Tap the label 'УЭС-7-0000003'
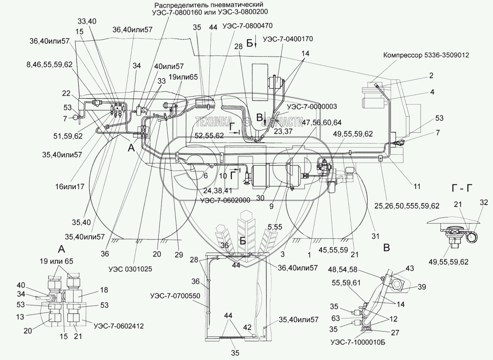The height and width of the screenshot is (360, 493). tap(306, 107)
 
